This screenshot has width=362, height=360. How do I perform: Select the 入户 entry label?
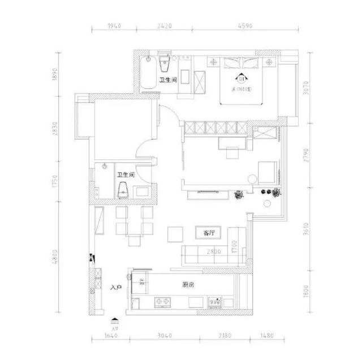(x=117, y=288)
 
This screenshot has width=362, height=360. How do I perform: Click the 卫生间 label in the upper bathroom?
(x=167, y=80)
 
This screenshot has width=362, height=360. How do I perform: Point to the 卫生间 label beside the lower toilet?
(x=125, y=175)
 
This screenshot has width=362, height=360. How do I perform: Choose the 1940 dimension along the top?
(x=114, y=25)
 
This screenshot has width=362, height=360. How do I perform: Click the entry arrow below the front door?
(x=115, y=320)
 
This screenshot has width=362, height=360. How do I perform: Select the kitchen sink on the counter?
(x=214, y=301)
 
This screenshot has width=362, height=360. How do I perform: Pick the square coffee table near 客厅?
(x=175, y=234)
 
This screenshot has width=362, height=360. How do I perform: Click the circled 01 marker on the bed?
(x=241, y=78)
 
